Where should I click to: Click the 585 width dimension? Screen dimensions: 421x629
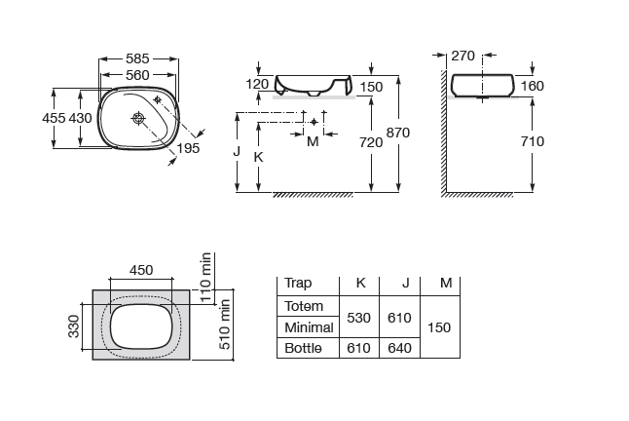click(x=138, y=57)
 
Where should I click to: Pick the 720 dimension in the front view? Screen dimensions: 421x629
click(x=371, y=142)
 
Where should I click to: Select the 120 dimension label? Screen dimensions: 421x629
click(x=257, y=85)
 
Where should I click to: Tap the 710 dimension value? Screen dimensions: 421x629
click(x=532, y=141)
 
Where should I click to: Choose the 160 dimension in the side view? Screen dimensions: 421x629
click(x=532, y=86)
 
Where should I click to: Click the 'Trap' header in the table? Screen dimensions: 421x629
click(x=298, y=284)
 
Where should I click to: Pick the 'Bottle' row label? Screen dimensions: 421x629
click(x=302, y=347)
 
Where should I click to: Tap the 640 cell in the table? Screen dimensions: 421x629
click(x=401, y=347)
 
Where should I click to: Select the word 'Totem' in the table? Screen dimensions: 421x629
click(x=303, y=306)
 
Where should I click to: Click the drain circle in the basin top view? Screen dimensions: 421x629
click(x=139, y=119)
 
